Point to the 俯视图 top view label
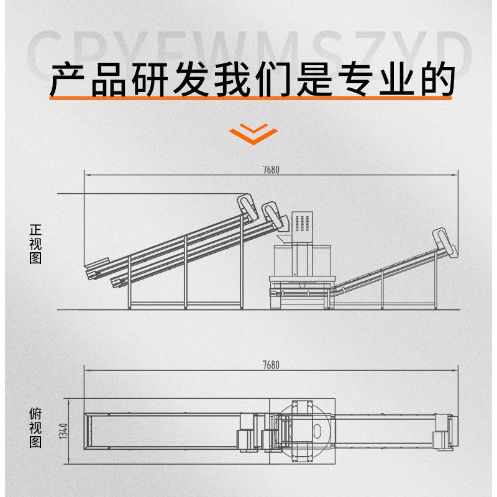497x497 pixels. pos(35,428)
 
